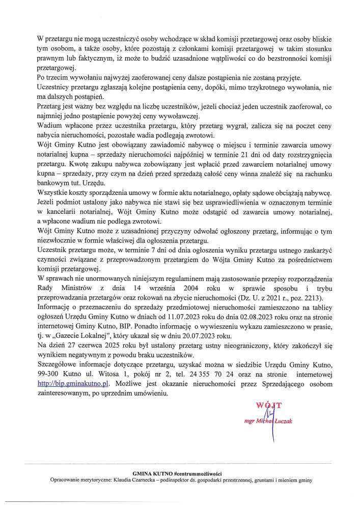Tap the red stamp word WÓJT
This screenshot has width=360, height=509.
click(x=269, y=406)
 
